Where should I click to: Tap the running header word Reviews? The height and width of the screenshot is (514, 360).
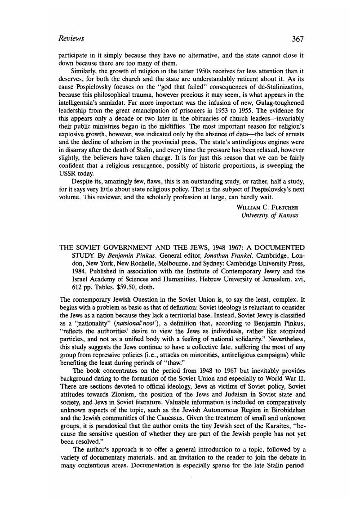(71, 39)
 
